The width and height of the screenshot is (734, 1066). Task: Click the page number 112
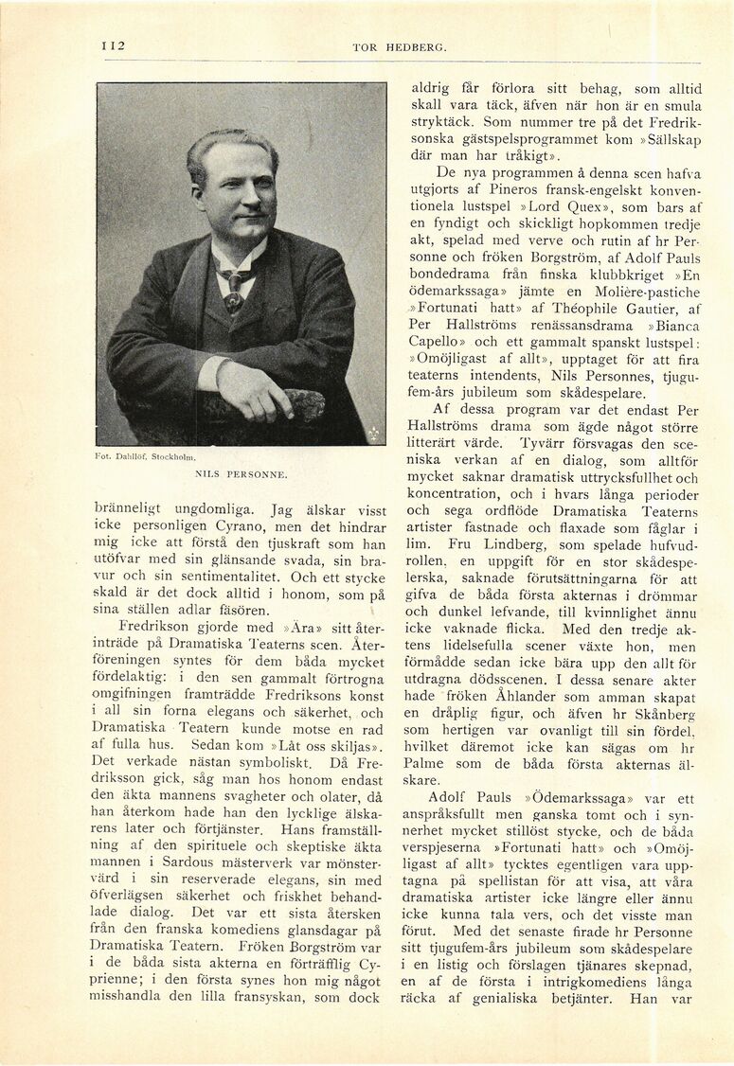pyautogui.click(x=114, y=45)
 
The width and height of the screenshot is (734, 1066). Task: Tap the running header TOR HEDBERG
pyautogui.click(x=399, y=46)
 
